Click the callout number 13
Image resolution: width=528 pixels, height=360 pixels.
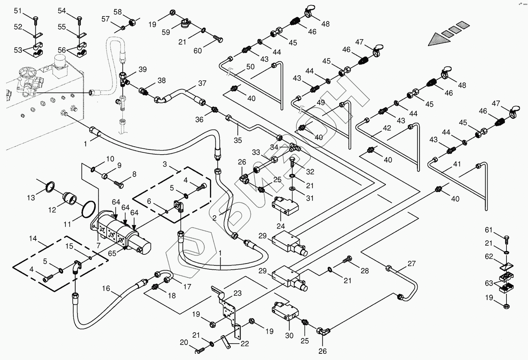[x=31, y=198]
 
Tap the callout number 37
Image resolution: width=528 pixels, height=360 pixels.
[x=202, y=83]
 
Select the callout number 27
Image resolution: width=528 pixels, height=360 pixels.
[x=412, y=263]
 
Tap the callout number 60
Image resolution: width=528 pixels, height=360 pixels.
[x=198, y=50]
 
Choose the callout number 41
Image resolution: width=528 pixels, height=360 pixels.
[x=457, y=164]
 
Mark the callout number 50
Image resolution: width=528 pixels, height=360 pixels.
[x=250, y=67]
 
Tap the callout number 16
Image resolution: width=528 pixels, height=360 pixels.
[x=106, y=289]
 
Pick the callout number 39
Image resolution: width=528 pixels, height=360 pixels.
[x=142, y=69]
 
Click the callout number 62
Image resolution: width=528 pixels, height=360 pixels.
[x=489, y=256]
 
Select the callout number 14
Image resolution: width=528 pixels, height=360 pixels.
[x=33, y=239]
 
